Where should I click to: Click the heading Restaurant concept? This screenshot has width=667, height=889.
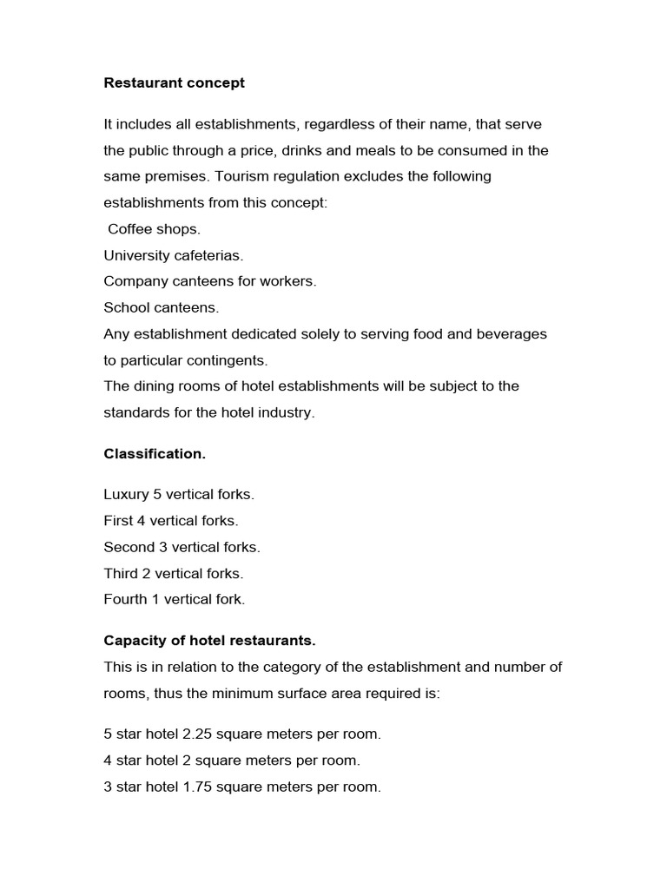point(174,83)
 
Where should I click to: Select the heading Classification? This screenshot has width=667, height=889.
point(155,454)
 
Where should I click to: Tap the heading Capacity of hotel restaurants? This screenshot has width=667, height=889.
point(209,641)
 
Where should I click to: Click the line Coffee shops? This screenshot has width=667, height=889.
point(154,229)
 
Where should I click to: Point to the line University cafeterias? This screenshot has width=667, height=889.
point(174,255)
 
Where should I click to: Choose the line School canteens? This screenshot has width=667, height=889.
point(162,307)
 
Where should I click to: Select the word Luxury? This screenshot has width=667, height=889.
point(126,495)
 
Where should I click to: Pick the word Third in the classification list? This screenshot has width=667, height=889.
point(120,573)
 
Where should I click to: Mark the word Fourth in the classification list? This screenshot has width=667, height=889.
point(125,599)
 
